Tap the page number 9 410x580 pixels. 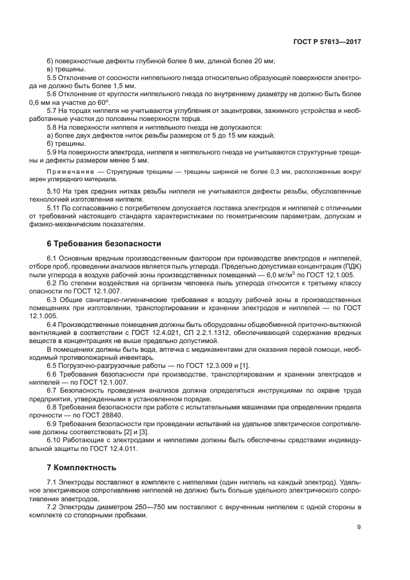(359, 528)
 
